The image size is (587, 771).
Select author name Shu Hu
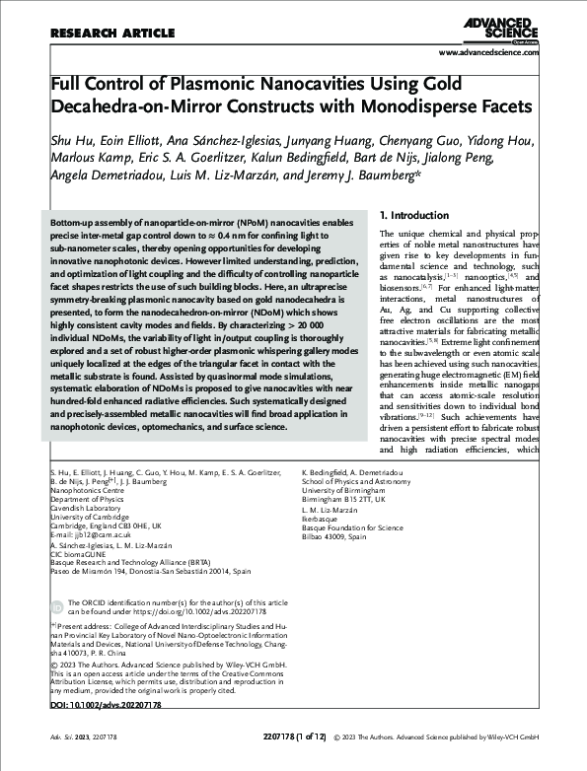[x=70, y=140]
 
